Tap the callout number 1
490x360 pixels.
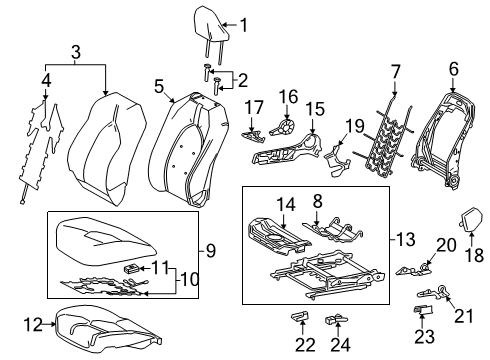(243, 25)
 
